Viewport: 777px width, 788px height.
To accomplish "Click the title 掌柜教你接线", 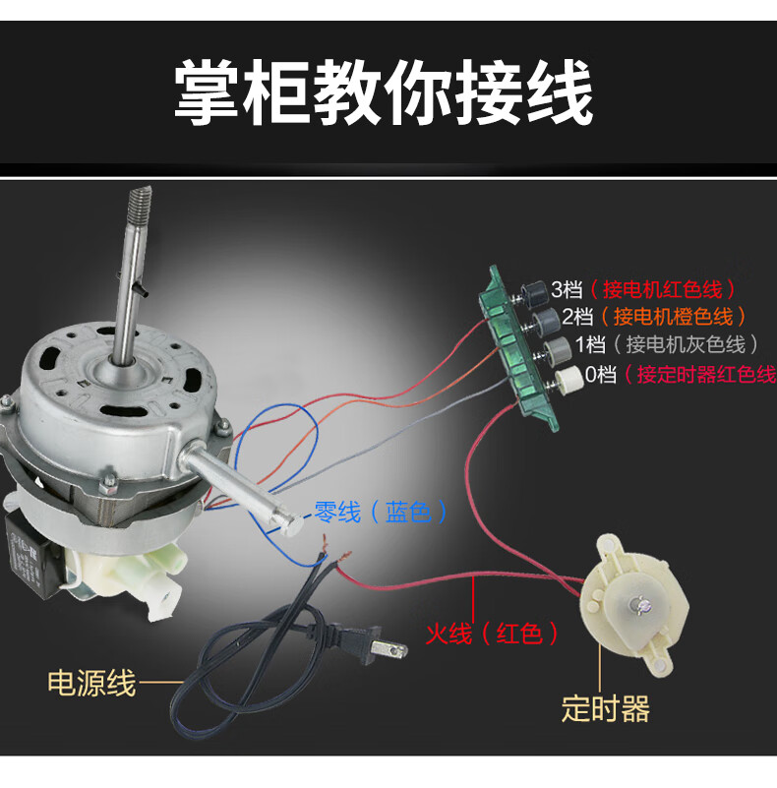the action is click(384, 91).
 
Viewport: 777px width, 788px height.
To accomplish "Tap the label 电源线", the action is click(92, 683).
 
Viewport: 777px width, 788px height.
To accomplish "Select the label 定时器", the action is click(606, 708).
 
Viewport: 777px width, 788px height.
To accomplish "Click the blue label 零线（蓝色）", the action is click(381, 513).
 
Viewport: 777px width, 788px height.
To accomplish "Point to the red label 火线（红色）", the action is click(492, 634).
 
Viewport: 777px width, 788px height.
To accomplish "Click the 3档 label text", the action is click(567, 289).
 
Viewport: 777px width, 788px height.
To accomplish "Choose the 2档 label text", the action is click(578, 317).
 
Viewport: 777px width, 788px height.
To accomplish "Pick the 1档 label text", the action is click(590, 344).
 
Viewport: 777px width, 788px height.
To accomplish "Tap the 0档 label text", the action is click(601, 375).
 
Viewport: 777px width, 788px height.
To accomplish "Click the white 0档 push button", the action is click(568, 378).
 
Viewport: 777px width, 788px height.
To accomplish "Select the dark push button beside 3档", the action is click(534, 292).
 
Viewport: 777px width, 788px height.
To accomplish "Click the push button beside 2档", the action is click(545, 320).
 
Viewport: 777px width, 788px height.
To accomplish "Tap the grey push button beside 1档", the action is click(557, 348).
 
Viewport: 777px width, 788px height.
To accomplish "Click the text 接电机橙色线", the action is click(674, 317).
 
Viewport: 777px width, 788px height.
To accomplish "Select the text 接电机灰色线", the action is click(686, 344).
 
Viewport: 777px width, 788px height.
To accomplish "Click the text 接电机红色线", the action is click(662, 289).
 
